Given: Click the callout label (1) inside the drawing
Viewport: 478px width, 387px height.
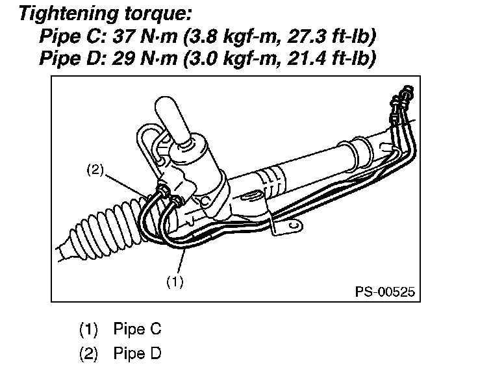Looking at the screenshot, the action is [174, 282].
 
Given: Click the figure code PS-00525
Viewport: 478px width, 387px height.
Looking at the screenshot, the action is [384, 291].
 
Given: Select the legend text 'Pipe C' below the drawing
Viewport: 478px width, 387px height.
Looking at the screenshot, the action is [136, 329].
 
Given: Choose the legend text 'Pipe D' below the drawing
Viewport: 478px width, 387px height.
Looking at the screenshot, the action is [136, 354].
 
